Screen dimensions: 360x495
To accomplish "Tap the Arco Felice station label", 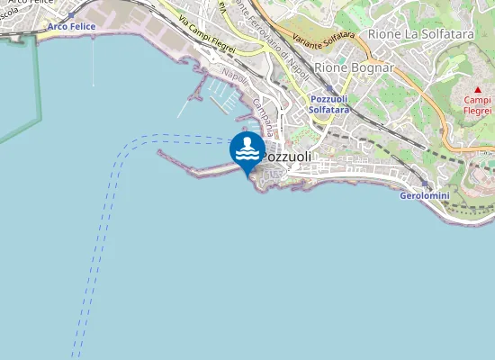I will (x=71, y=27).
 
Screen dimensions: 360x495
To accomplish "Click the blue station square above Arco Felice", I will (x=70, y=16).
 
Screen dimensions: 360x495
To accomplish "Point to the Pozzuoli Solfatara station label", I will (x=328, y=103).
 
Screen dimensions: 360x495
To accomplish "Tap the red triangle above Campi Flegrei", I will (x=477, y=90).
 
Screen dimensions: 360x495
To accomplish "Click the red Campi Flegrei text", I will (x=477, y=106).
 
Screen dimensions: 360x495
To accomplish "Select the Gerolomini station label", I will (x=424, y=195).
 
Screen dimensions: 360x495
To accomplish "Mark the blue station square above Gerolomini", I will (x=424, y=183).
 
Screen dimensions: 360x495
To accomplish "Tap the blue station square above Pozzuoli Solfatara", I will (x=328, y=88).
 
